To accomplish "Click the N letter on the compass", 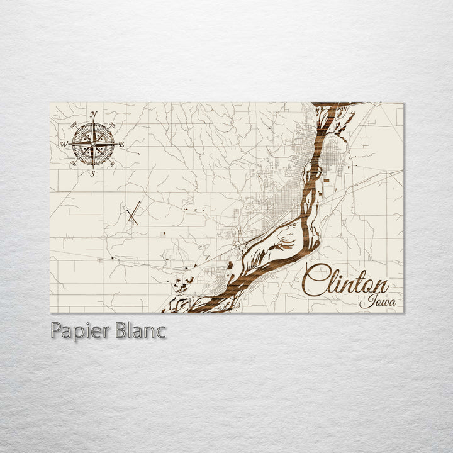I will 93,114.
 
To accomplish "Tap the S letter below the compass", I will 93,174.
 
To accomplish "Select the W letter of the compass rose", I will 64,144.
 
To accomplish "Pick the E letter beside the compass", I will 121,145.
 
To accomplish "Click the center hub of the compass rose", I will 92,144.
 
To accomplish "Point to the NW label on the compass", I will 74,124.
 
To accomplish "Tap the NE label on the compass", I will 112,125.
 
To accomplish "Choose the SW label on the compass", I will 74,164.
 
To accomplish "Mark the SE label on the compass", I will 112,164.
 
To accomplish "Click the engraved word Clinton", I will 346,280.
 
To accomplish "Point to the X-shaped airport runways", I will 131,213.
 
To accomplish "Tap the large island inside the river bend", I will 277,245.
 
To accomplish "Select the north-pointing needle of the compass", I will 92,130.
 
